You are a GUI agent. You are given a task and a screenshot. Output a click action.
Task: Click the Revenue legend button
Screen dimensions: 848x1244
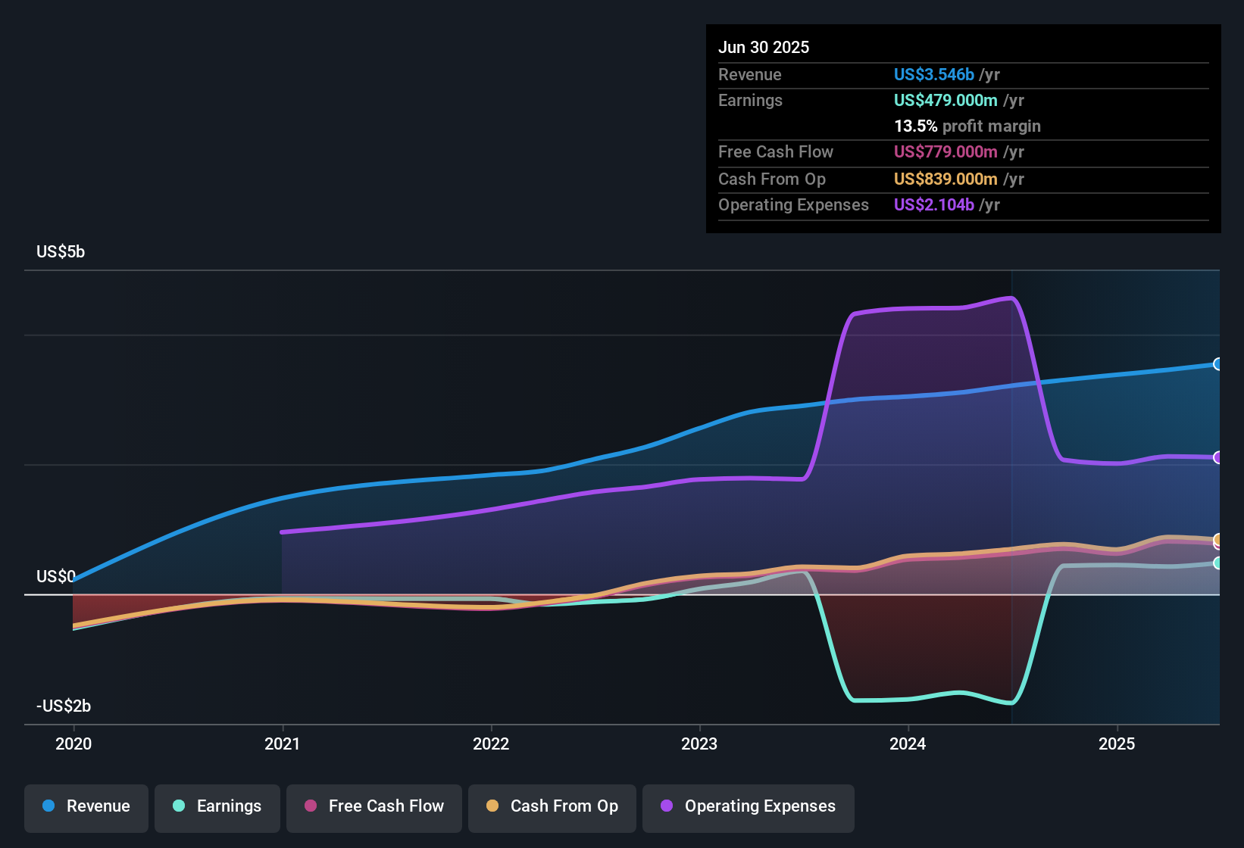[x=86, y=806]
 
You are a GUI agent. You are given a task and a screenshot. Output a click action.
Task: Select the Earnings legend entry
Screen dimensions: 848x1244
[x=217, y=806]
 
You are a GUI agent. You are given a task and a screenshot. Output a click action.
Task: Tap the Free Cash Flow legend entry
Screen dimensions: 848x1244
[x=374, y=806]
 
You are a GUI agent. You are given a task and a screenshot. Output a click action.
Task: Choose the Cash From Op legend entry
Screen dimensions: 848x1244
[x=552, y=806]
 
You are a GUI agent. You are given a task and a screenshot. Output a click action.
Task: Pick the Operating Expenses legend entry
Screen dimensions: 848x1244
[x=749, y=806]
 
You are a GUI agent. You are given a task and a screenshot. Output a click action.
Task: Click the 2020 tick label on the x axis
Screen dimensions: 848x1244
[x=73, y=744]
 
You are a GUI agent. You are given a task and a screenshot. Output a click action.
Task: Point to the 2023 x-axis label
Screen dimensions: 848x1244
[x=699, y=744]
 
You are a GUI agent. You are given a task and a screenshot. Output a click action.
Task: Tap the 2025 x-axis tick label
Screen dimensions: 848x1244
[x=1117, y=744]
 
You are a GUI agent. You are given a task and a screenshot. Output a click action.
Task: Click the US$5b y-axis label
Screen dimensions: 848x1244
[x=61, y=252]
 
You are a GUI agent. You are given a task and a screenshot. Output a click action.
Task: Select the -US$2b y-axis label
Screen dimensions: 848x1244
[x=64, y=706]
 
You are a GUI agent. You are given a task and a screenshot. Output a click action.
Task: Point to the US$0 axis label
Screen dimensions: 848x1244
[x=56, y=577]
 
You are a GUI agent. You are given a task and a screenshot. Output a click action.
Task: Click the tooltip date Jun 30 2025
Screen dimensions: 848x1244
[x=764, y=47]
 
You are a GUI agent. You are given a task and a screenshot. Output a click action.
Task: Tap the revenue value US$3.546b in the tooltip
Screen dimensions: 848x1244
[x=933, y=74]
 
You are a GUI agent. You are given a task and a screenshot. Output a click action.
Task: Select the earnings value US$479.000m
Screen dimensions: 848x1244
[x=945, y=100]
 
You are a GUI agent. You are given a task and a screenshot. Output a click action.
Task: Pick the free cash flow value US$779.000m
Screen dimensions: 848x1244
[x=945, y=151]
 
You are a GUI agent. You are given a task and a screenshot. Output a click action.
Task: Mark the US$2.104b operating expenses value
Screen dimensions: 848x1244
[x=933, y=204]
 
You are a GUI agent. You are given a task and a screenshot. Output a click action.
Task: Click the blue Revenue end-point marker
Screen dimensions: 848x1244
[x=1217, y=364]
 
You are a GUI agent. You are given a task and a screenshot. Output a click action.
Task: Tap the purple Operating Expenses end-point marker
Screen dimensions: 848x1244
[x=1217, y=457]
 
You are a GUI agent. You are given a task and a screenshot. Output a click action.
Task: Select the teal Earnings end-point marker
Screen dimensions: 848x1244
[x=1217, y=563]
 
